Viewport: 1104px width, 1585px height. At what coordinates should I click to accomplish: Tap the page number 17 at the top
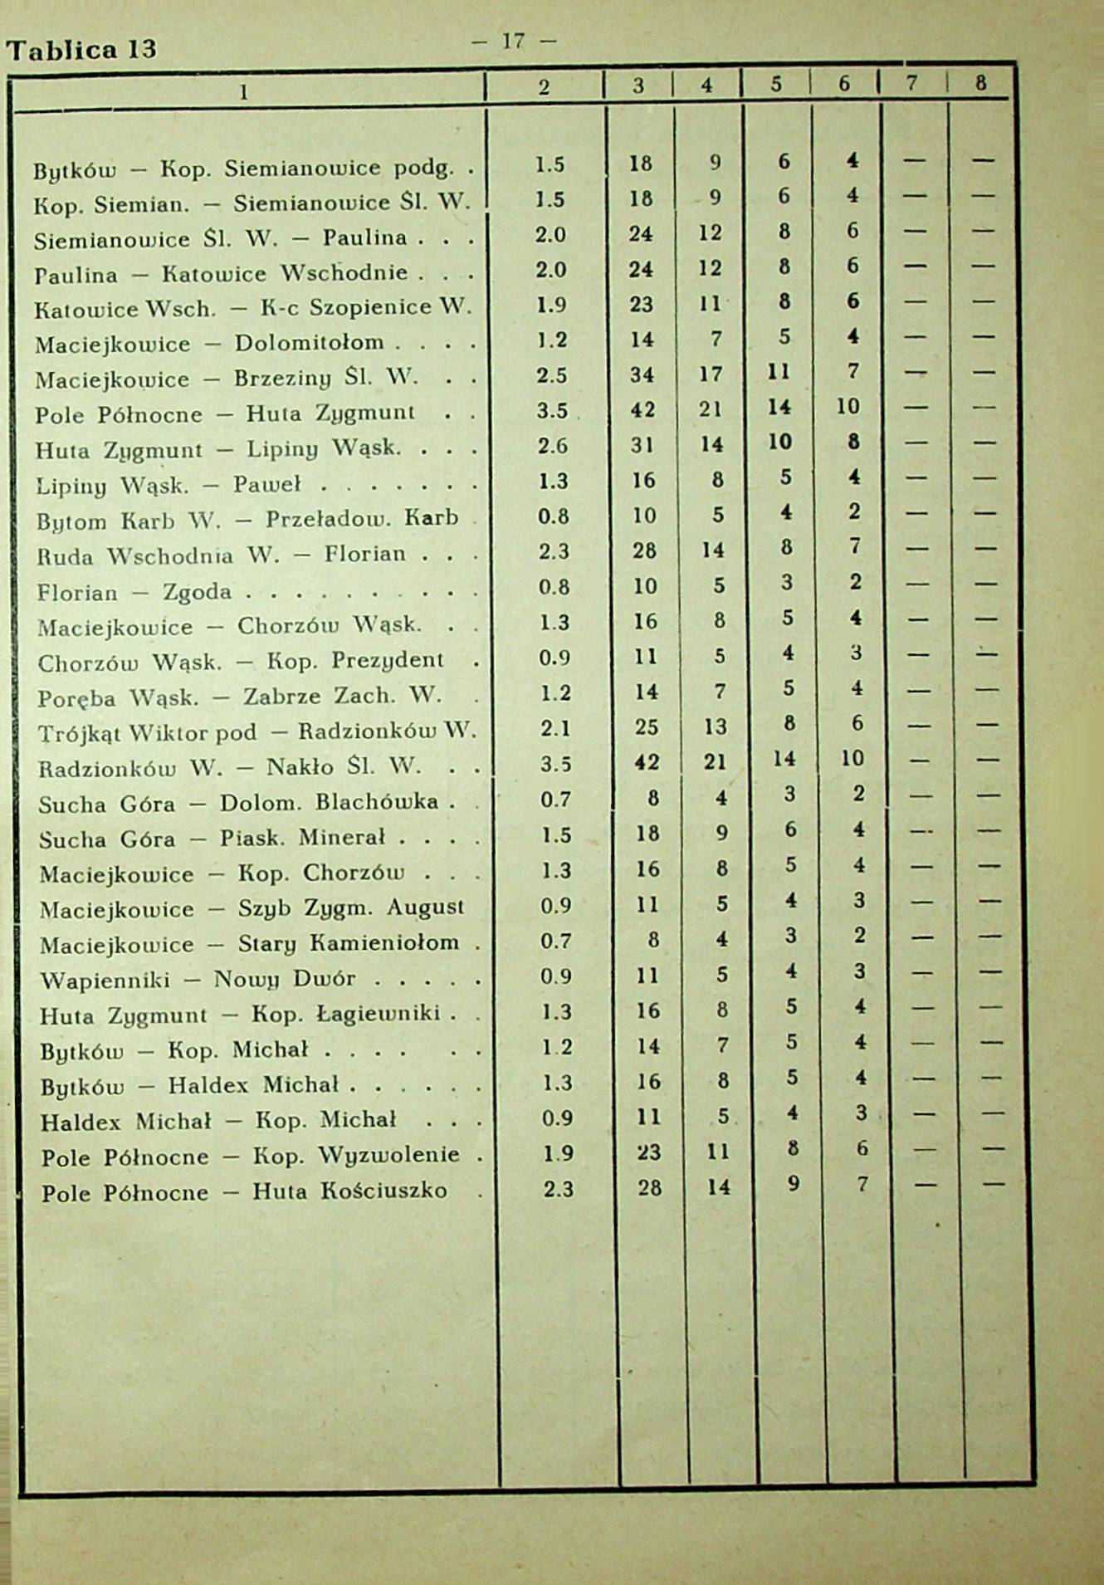(x=513, y=41)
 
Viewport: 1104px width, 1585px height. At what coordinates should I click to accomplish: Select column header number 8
(x=980, y=83)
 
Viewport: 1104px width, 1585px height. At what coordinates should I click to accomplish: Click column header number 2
(x=544, y=87)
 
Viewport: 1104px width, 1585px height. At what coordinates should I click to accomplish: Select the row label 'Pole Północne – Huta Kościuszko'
(x=244, y=1192)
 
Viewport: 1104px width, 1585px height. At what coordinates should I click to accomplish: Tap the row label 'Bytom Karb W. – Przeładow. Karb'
(x=247, y=520)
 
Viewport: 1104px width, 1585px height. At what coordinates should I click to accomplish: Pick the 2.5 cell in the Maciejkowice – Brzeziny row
(x=551, y=375)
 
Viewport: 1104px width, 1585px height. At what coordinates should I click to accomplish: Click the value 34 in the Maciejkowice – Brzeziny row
(x=642, y=375)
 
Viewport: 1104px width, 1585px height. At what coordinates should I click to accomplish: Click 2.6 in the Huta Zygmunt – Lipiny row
(x=552, y=446)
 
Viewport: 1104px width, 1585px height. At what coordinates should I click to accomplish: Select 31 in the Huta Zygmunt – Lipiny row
(x=642, y=446)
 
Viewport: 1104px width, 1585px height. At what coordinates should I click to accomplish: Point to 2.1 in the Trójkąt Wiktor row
(x=554, y=728)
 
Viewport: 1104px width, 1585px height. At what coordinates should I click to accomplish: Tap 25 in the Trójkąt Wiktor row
(x=646, y=728)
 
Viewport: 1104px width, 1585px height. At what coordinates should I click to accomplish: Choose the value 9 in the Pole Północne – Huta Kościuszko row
(x=794, y=1184)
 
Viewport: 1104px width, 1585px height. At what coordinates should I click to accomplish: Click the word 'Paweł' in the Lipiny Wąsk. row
(x=266, y=484)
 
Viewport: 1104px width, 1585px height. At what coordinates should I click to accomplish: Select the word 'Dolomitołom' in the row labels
(x=309, y=342)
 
